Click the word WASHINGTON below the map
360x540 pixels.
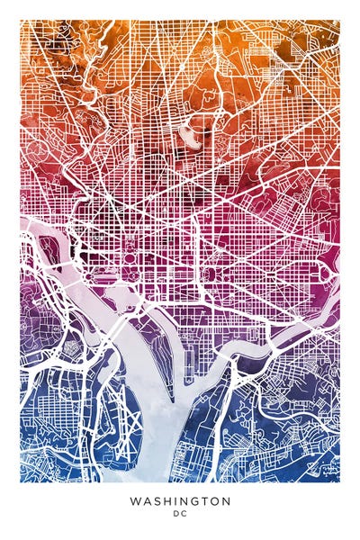click(x=180, y=500)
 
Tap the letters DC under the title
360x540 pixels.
click(x=180, y=515)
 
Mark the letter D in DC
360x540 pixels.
click(x=176, y=515)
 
